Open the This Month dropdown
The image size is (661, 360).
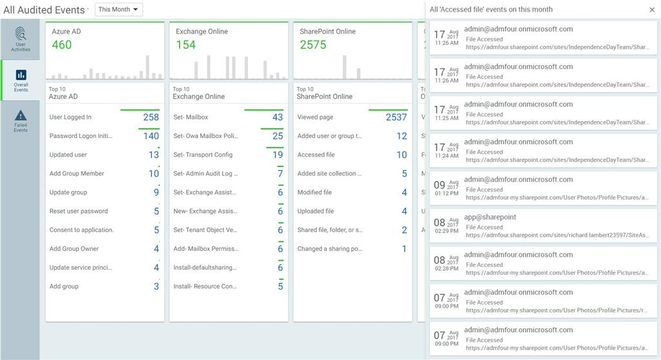119,10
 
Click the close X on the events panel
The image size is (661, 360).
652,10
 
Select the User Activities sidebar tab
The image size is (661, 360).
21,39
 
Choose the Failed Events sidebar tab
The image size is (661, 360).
21,121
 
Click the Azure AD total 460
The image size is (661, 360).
62,45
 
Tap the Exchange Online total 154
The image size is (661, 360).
186,45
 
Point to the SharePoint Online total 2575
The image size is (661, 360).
313,45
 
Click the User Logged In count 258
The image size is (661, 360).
151,117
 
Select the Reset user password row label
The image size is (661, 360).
79,211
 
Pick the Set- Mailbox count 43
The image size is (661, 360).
278,117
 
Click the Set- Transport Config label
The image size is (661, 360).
203,155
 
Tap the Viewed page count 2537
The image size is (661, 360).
396,117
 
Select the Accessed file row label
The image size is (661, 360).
316,155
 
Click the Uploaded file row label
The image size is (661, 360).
316,211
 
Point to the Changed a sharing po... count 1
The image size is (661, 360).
404,249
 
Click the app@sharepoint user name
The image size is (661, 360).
490,217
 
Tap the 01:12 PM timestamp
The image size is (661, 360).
447,194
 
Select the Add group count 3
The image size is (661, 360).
156,286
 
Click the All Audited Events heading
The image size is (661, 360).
44,10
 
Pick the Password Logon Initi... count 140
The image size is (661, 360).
151,136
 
